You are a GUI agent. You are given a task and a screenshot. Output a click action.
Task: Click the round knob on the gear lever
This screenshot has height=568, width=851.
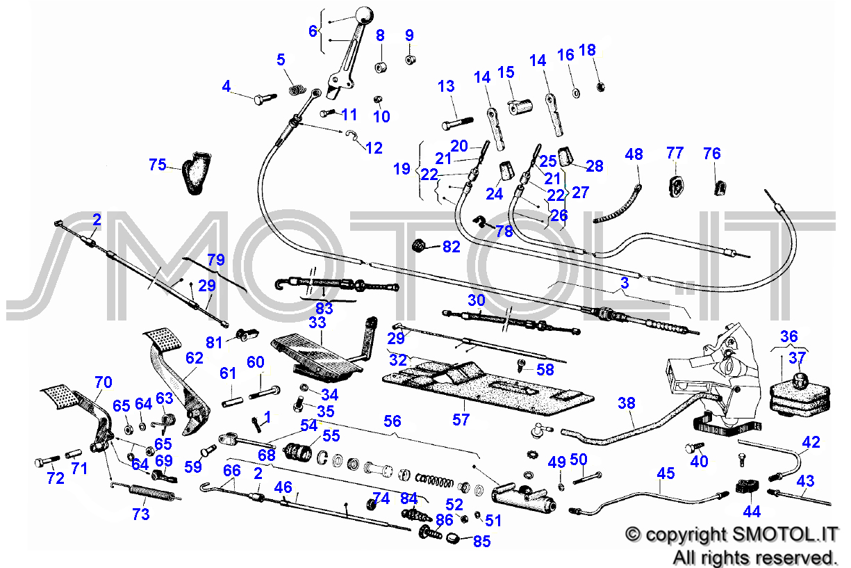coord(363,16)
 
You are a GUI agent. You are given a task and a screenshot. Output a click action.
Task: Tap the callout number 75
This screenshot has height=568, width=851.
coord(158,165)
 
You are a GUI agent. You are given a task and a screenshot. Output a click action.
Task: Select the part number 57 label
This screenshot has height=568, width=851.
coord(461,419)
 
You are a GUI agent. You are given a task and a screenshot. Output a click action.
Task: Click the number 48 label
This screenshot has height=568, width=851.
coord(634,154)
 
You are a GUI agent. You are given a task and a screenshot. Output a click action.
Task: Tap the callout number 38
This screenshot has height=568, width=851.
coord(626,403)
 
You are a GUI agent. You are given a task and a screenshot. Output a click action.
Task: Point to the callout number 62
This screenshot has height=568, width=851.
coord(195,358)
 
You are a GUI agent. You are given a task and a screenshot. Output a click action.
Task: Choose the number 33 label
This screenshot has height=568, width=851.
coord(317,323)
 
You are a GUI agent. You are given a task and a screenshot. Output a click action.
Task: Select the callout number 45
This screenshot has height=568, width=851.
coord(666,473)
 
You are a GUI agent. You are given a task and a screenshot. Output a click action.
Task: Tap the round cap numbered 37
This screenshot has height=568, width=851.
coord(800,379)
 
